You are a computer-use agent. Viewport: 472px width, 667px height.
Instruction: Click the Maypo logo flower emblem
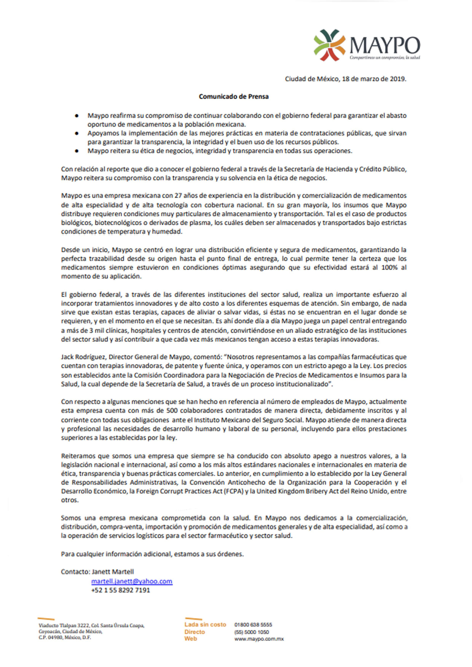coord(329,45)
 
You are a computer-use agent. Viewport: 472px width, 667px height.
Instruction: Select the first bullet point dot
coord(77,116)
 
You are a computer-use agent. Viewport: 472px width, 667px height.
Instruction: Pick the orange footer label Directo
coord(194,632)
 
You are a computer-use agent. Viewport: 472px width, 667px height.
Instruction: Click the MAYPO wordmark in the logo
coord(384,46)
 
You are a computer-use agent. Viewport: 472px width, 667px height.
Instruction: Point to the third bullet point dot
coord(77,151)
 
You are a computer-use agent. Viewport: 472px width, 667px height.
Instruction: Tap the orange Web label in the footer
coord(191,638)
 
